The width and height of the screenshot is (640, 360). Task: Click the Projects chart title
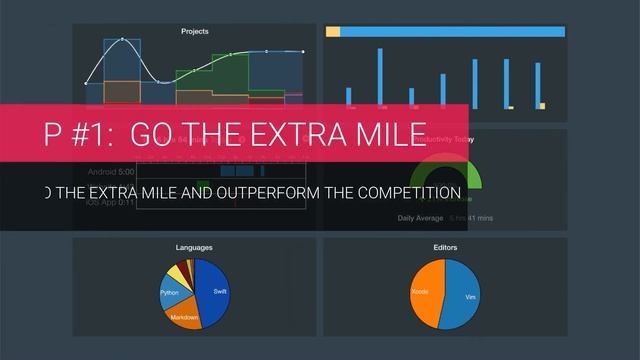click(195, 32)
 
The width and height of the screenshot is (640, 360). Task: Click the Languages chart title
click(194, 247)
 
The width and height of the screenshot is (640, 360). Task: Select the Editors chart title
click(446, 247)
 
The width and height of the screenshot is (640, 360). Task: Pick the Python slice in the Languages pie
click(171, 293)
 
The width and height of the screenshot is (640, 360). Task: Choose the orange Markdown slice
click(184, 315)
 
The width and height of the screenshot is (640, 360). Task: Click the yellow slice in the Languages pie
click(175, 274)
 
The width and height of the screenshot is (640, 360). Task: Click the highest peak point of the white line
click(122, 40)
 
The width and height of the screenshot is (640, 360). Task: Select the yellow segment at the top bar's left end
click(333, 32)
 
